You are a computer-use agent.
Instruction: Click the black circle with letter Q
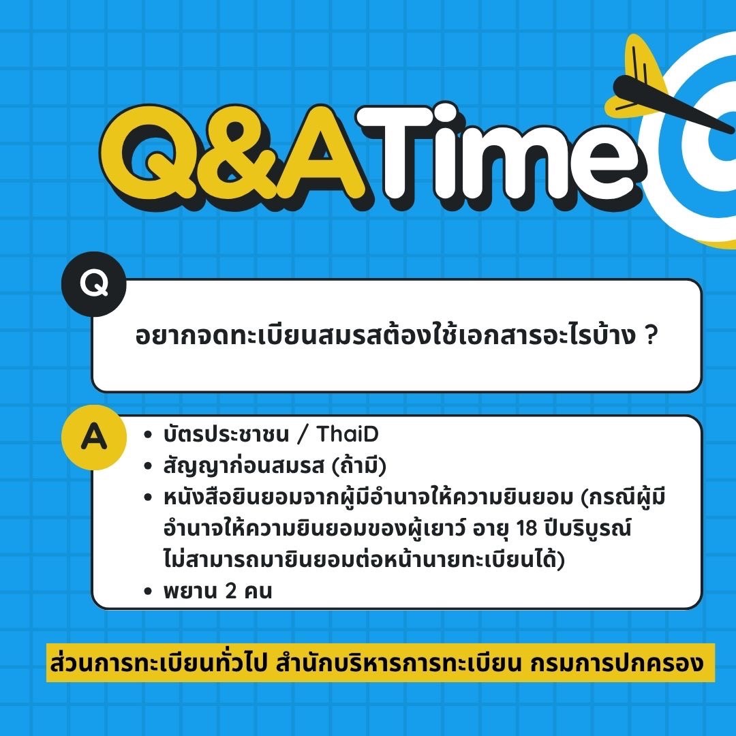point(94,284)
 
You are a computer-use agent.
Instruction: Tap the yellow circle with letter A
point(94,437)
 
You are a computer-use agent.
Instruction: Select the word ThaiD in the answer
point(348,434)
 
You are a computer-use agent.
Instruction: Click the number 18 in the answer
point(527,528)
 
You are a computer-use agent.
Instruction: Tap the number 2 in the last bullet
point(230,591)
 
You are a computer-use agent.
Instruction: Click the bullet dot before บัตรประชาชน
point(149,435)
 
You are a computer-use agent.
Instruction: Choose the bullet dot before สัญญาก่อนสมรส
point(149,466)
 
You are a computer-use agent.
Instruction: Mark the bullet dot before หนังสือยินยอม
point(149,497)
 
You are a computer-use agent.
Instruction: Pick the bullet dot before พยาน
point(149,592)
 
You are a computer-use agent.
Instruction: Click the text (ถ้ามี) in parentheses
point(359,466)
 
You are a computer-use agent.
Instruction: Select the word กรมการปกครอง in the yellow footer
point(617,663)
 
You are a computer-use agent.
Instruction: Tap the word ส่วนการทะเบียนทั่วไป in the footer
point(159,662)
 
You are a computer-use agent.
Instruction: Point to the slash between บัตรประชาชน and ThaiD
point(303,434)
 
